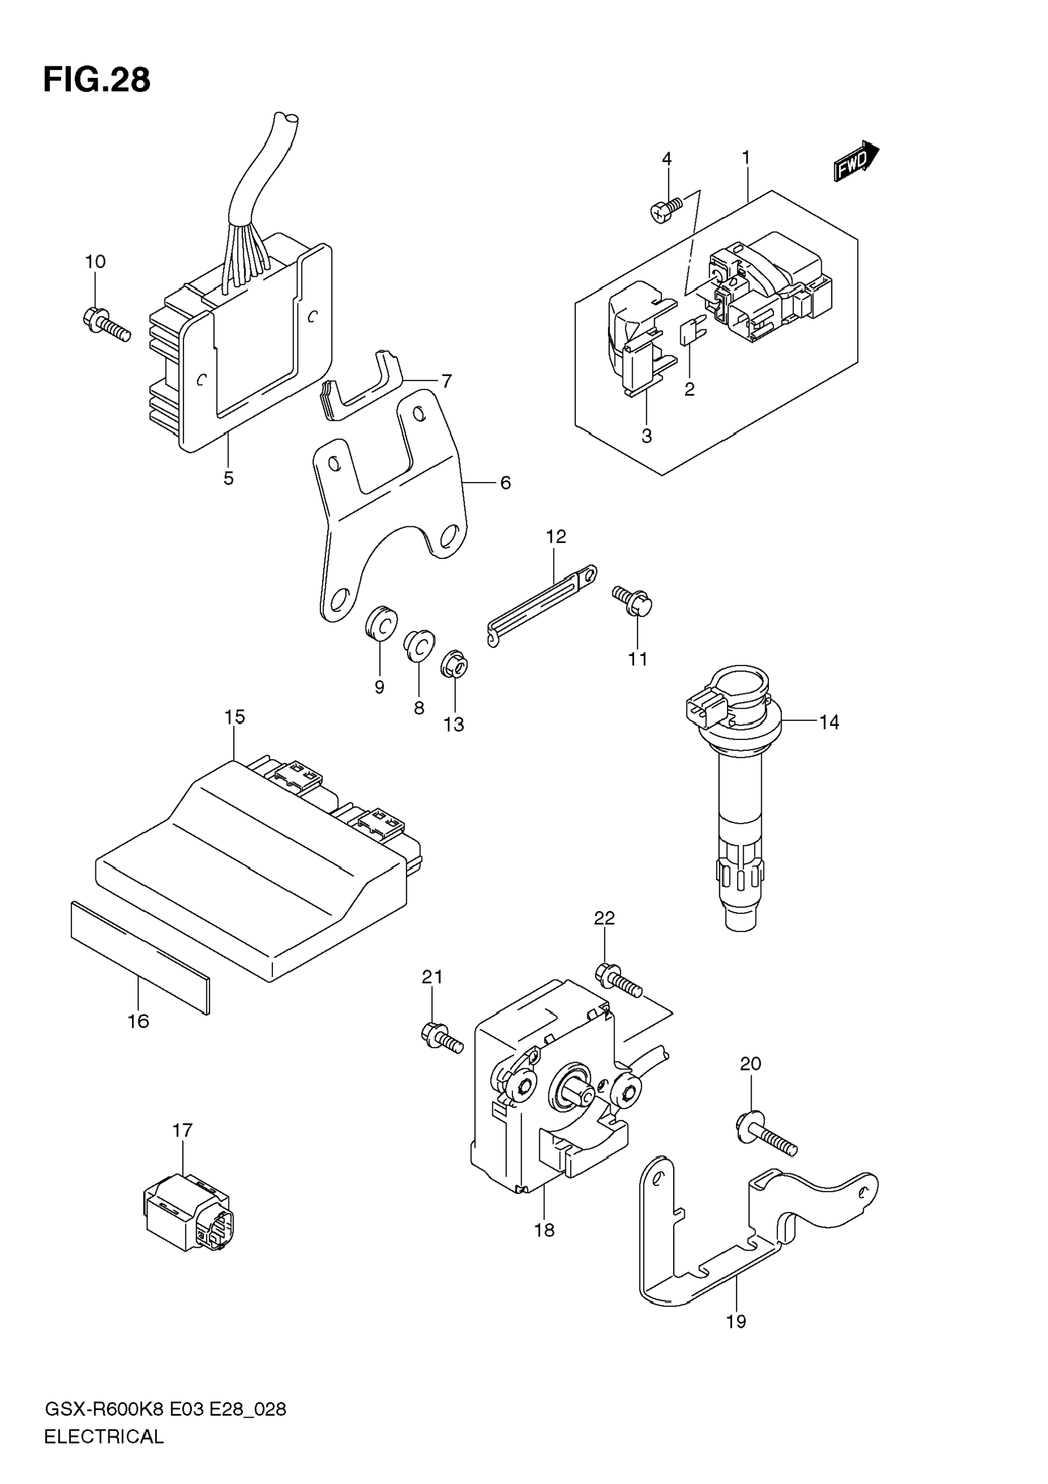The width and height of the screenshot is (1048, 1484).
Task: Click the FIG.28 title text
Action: point(97,81)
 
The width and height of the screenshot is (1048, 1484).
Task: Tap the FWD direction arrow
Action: point(857,162)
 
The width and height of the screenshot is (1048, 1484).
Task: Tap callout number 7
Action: point(446,381)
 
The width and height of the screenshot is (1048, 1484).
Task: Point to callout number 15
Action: point(235,717)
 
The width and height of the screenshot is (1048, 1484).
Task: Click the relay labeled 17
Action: point(188,1214)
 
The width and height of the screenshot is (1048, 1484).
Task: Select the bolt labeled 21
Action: point(442,1039)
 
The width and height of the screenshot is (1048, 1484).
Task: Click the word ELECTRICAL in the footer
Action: point(104,1437)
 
